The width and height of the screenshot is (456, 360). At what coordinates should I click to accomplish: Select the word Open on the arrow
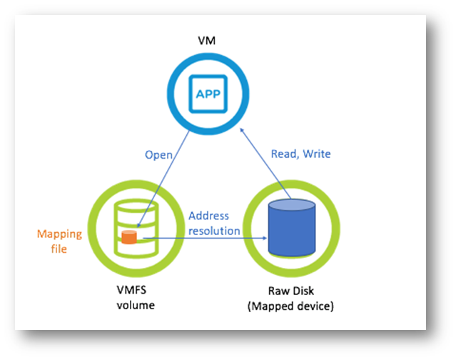[159, 154]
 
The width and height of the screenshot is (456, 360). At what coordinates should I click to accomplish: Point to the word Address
[208, 216]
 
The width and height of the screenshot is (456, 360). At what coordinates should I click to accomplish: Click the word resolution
[214, 231]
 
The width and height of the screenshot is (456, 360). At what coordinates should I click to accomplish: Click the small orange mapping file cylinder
[129, 236]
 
